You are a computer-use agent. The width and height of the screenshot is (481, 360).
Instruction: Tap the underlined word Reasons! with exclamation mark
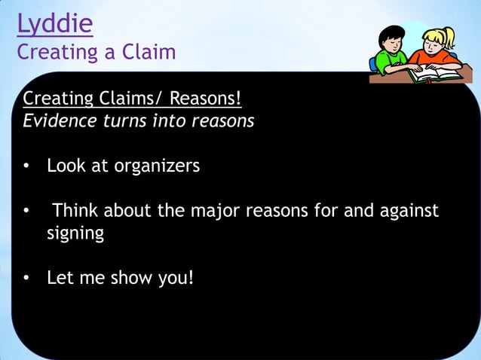[x=205, y=99]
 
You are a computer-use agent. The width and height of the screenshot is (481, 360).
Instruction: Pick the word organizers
[x=157, y=165]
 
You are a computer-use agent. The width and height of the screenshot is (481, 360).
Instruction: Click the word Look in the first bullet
[x=66, y=165]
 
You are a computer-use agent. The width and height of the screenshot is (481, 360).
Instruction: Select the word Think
[x=76, y=210]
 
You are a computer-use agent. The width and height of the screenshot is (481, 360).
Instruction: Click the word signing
[x=75, y=233]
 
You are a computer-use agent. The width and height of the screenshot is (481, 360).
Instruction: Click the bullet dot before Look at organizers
[x=26, y=166]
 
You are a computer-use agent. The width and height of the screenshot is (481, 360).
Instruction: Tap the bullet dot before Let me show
[x=26, y=279]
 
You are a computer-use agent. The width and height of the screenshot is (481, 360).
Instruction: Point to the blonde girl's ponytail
[x=450, y=34]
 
